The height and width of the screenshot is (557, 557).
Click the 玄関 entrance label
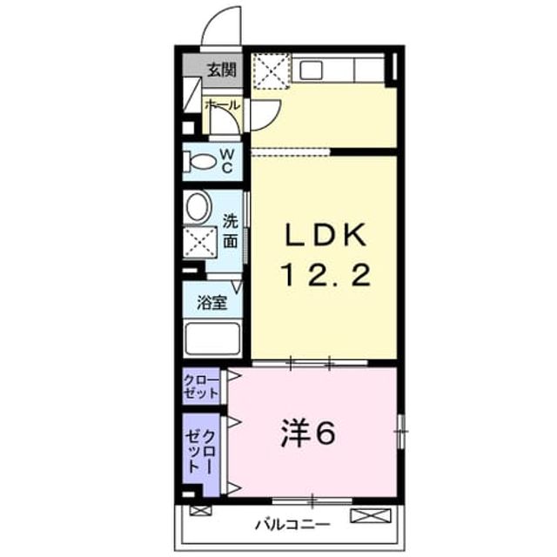pyautogui.click(x=222, y=70)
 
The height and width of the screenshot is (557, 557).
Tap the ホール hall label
pyautogui.click(x=223, y=105)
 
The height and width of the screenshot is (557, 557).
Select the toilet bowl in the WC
pyautogui.click(x=199, y=162)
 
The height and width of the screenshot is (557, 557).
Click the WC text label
pyautogui.click(x=227, y=161)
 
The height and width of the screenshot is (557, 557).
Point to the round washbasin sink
pyautogui.click(x=198, y=207)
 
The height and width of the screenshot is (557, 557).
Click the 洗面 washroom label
pyautogui.click(x=230, y=232)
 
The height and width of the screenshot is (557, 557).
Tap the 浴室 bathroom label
pyautogui.click(x=212, y=303)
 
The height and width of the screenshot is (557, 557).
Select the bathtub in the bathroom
pyautogui.click(x=212, y=339)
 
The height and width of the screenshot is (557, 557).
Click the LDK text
pyautogui.click(x=325, y=234)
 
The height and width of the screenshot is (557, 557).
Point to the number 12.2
pyautogui.click(x=325, y=275)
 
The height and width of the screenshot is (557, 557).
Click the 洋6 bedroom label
pyautogui.click(x=307, y=433)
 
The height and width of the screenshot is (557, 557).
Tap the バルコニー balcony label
pyautogui.click(x=292, y=524)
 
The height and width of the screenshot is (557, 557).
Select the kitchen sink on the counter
pyautogui.click(x=311, y=70)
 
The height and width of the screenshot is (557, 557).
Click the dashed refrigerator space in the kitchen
pyautogui.click(x=272, y=70)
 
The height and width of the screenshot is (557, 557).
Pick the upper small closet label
pyautogui.click(x=201, y=386)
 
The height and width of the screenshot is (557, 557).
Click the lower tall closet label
pyautogui.click(x=201, y=451)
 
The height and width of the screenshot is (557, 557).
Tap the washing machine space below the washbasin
pyautogui.click(x=199, y=242)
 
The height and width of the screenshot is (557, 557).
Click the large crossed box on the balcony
pyautogui.click(x=371, y=516)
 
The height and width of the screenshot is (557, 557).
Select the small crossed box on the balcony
pyautogui.click(x=200, y=511)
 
